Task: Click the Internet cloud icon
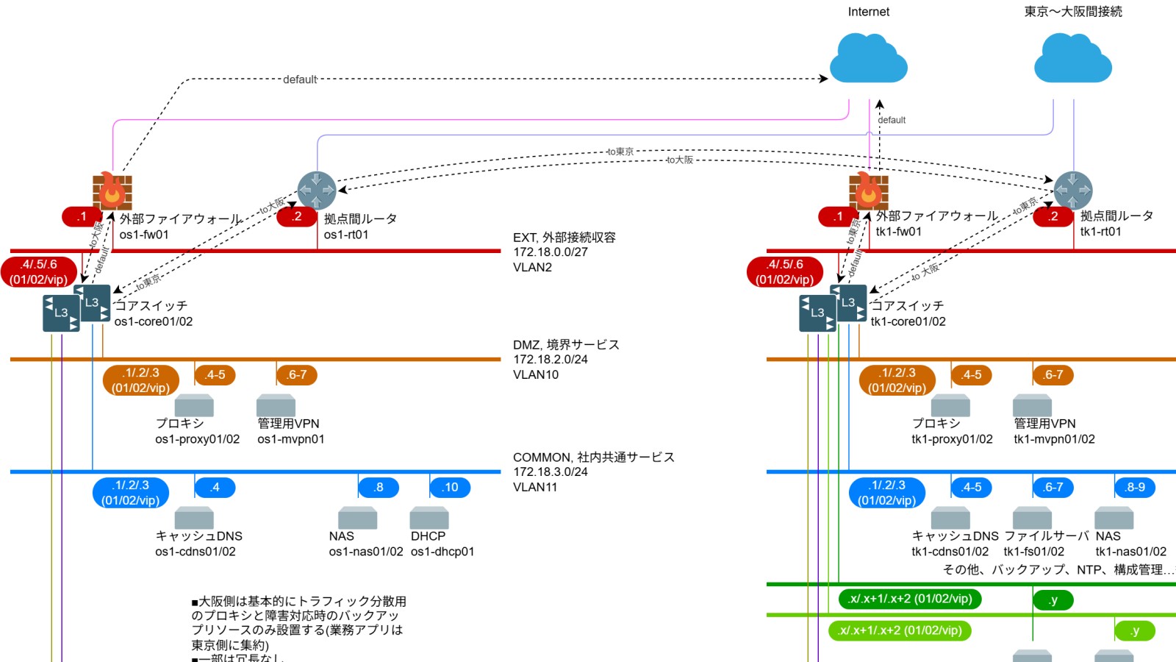(868, 58)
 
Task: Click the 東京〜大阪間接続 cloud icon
(1072, 58)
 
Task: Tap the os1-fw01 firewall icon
(112, 191)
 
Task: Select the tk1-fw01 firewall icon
(868, 191)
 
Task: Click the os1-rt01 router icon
(317, 191)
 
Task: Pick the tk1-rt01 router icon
(1073, 191)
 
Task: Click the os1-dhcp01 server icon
(429, 518)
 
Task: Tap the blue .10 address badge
(450, 487)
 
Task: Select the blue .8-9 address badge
(1135, 487)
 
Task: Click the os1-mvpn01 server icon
(276, 405)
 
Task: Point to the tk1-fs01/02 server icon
(1032, 518)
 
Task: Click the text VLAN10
(536, 374)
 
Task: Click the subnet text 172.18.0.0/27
(551, 252)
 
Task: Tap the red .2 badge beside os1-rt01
(296, 216)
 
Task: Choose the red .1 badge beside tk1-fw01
(838, 216)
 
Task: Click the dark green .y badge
(1053, 600)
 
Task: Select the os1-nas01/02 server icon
(357, 518)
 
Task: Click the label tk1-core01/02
(908, 321)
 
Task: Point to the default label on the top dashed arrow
(300, 79)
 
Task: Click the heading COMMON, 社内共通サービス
(593, 457)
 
